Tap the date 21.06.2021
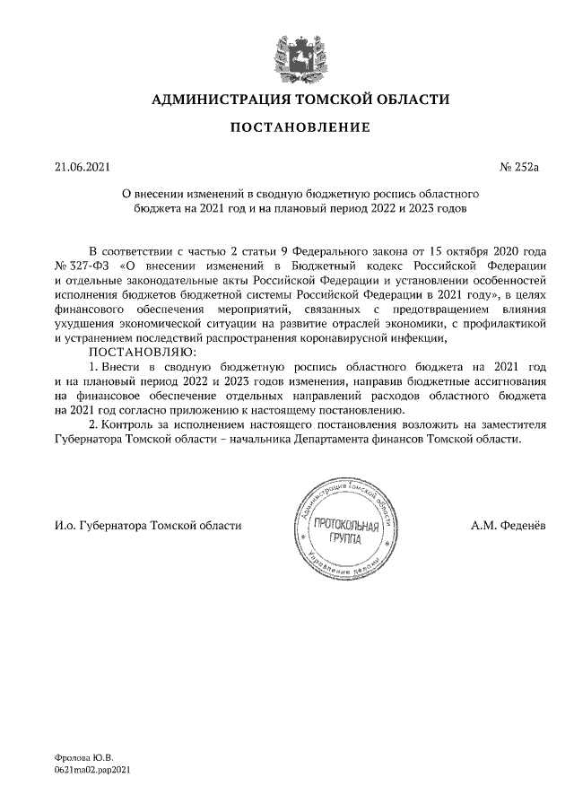[x=82, y=166]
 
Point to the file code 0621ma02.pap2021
[x=92, y=771]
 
